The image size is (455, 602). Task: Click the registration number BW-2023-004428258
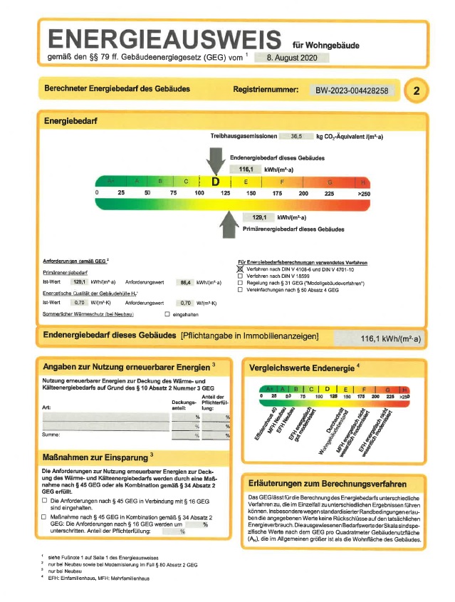pos(352,90)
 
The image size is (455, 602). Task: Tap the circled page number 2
pos(417,90)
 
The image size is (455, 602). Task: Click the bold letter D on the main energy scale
pos(215,182)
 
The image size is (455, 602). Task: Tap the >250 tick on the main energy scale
pos(364,193)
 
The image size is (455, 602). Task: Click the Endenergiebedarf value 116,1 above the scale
pos(246,170)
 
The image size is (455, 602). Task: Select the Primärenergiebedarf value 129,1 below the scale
pos(258,217)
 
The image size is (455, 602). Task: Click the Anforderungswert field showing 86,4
pos(187,283)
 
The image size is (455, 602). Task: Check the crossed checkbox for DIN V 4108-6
pos(240,270)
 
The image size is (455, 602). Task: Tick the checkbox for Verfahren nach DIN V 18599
pos(240,276)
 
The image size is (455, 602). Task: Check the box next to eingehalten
pos(167,313)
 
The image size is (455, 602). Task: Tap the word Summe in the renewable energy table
pos(51,434)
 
